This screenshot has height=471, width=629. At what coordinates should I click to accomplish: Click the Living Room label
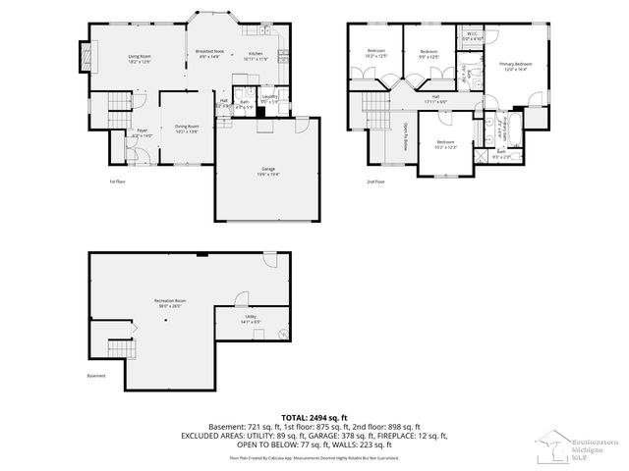coord(139,58)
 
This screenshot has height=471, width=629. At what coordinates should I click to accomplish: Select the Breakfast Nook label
coord(209,52)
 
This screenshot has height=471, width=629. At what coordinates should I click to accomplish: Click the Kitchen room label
coord(255,55)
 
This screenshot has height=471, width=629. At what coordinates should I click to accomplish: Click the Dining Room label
coord(187,127)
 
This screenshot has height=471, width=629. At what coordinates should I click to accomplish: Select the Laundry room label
coord(268,98)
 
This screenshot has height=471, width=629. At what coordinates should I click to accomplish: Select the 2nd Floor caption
coord(375,182)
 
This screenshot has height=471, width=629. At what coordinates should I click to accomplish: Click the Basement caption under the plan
coord(96,375)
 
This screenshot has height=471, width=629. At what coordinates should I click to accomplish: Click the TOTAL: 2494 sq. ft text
coord(314,416)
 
